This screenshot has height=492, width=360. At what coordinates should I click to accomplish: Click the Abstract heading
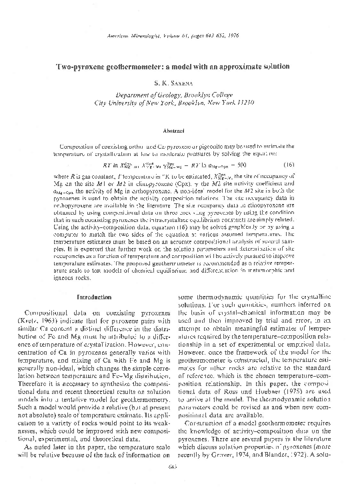point(181,131)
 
